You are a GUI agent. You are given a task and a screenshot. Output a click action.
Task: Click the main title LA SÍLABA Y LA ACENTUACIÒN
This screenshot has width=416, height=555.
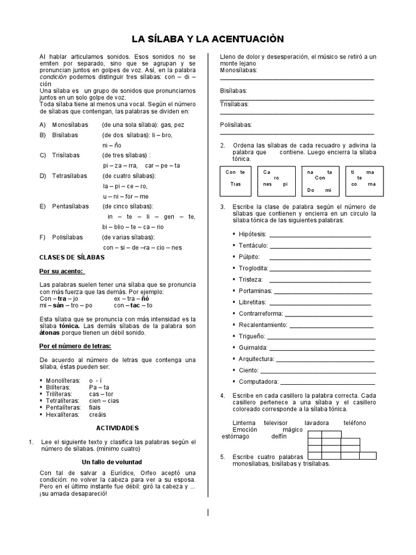[208, 39]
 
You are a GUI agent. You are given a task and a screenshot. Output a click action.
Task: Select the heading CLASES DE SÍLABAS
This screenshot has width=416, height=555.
[72, 257]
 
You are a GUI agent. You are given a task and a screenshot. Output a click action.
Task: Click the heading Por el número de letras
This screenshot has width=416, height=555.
[75, 345]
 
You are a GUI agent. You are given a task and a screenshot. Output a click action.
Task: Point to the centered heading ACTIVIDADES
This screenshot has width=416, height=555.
[118, 428]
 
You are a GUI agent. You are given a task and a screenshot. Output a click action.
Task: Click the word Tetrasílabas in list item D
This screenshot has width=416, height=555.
[69, 176]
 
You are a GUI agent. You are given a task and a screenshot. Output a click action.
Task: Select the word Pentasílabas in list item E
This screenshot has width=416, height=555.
[70, 206]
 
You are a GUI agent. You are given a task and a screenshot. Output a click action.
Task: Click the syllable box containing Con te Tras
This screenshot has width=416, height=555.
[236, 181]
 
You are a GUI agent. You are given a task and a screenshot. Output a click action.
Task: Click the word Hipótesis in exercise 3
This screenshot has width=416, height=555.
[252, 234]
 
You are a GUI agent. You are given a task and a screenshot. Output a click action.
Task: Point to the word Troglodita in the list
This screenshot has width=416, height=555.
[253, 268]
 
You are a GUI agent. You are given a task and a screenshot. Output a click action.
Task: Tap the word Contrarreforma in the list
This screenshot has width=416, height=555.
[260, 313]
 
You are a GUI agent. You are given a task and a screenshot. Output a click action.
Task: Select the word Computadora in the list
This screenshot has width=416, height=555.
[258, 382]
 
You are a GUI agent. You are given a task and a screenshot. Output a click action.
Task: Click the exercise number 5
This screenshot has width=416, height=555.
[222, 457]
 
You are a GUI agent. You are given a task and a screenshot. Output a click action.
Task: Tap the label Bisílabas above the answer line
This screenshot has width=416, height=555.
[233, 91]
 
